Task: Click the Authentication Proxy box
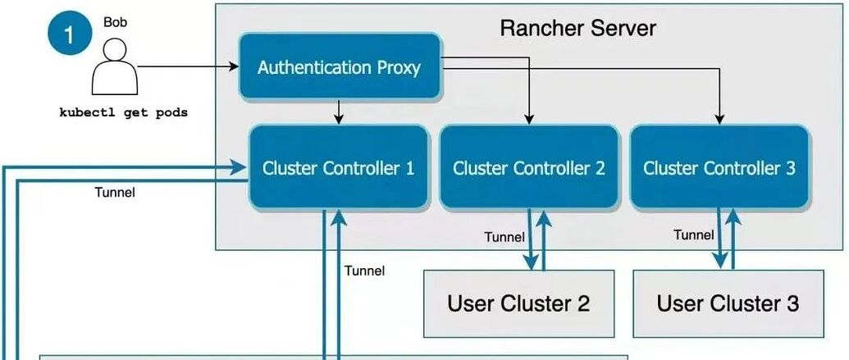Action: tap(339, 67)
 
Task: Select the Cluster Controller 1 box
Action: tap(338, 168)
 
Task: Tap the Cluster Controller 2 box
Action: tap(529, 168)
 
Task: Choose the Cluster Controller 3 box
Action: tap(719, 168)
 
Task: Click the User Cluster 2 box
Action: tap(518, 303)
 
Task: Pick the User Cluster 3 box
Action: tap(728, 303)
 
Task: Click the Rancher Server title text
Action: tap(577, 28)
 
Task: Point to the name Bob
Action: tap(114, 22)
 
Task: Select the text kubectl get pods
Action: tap(123, 112)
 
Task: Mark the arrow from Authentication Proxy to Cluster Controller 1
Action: tap(339, 112)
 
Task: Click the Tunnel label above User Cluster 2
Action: tap(504, 237)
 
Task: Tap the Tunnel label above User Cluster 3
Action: tap(694, 235)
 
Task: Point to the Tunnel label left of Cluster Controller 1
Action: tap(115, 193)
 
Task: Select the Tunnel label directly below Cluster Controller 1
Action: tap(364, 270)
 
